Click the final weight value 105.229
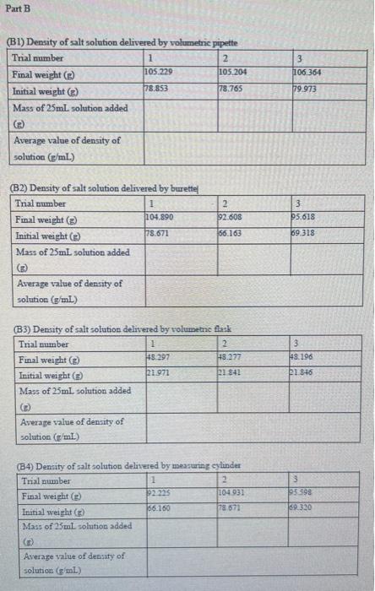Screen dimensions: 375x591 point(158,73)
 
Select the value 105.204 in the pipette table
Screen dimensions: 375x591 point(233,73)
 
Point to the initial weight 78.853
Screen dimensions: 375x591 point(156,88)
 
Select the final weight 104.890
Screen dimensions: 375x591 point(160,218)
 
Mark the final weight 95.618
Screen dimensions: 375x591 point(303,218)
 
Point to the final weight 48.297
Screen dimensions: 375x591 point(159,358)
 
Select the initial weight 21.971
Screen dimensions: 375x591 point(158,373)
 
